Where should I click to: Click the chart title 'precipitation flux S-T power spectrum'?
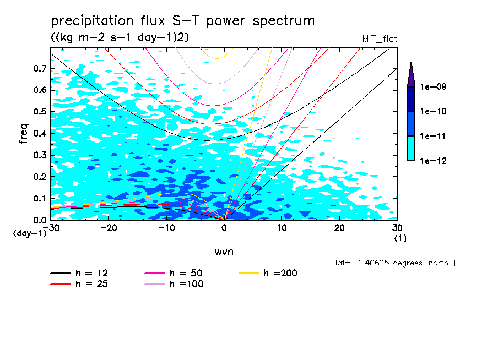pos(183,21)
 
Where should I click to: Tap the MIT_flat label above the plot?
pos(380,39)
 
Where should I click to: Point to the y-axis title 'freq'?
pos(24,134)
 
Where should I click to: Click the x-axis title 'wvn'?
pos(224,252)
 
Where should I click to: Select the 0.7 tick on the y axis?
pos(39,68)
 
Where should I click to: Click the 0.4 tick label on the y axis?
pos(39,133)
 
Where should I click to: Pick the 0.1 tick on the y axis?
pos(39,198)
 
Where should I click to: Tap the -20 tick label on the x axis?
pos(109,228)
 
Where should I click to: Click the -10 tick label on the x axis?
pos(166,228)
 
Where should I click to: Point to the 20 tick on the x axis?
pos(339,228)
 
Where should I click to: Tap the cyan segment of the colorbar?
pos(411,148)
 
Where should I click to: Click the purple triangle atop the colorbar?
pos(411,74)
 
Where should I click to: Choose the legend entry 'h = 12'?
pos(79,273)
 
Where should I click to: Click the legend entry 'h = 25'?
pos(79,284)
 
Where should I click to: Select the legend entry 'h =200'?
pos(268,273)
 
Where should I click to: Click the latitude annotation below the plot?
pos(391,263)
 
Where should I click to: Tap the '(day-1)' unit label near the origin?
pos(30,233)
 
